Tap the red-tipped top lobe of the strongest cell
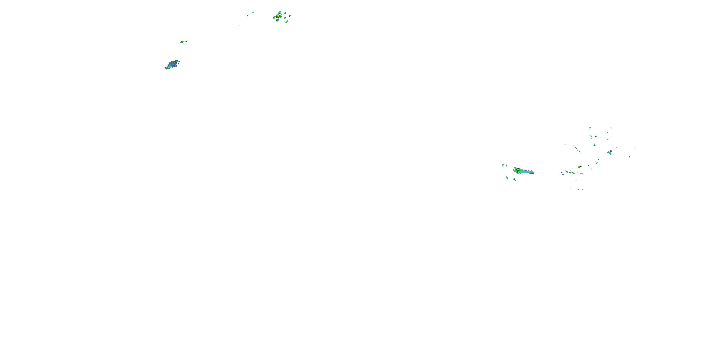pos(280,12)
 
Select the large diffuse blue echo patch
pos(172,65)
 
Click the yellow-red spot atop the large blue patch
pos(175,61)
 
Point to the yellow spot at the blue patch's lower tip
pos(167,68)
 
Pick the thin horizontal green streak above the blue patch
pos(183,42)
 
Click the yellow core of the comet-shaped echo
pos(518,170)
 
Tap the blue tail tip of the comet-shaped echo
pos(533,172)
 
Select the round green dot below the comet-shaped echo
pos(514,179)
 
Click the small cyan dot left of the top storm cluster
pos(253,12)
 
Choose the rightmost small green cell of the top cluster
pos(290,16)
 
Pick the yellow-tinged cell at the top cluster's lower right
pos(287,21)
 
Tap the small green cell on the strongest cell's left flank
pos(274,18)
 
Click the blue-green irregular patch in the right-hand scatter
pos(610,152)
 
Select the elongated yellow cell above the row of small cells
pos(580,167)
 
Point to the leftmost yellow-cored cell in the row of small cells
pos(562,173)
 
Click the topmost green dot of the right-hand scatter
pos(590,127)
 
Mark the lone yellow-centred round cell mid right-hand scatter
pos(594,145)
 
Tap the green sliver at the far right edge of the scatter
pos(635,147)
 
